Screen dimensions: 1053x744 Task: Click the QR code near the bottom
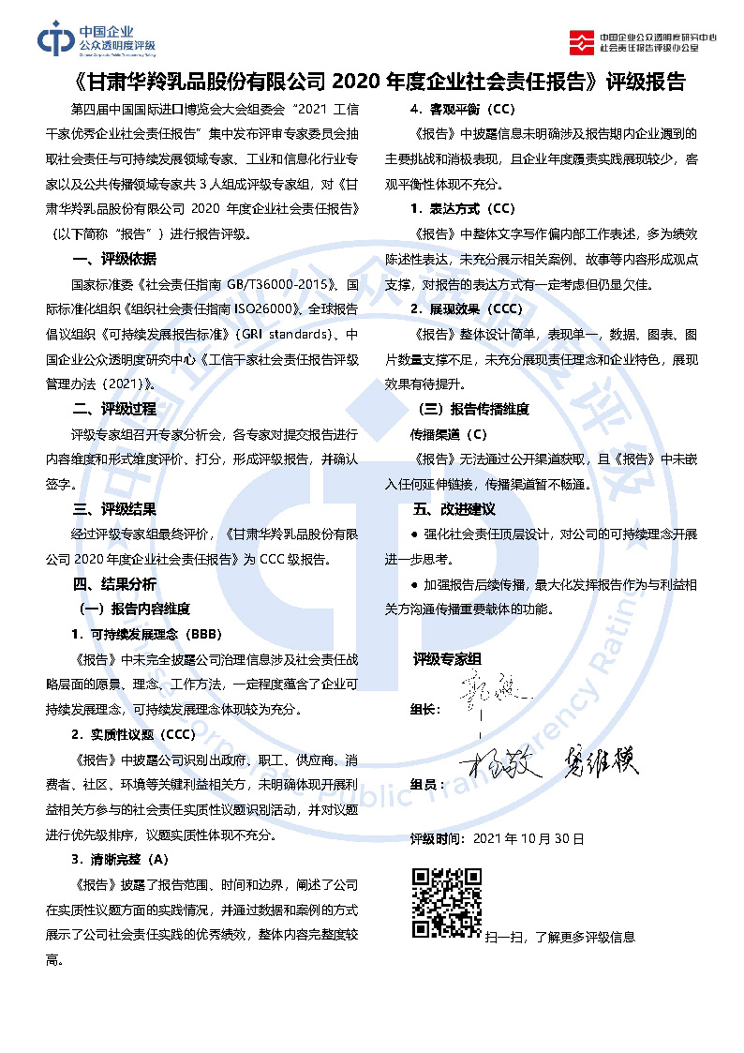tap(447, 903)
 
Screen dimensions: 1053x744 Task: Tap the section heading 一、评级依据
tap(114, 260)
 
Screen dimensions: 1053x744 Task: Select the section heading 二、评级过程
tap(114, 409)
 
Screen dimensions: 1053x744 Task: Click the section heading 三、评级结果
tap(114, 509)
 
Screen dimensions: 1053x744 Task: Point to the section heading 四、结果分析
tap(114, 584)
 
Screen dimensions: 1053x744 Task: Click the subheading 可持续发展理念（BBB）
tap(145, 635)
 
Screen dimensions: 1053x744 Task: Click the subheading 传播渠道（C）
tap(449, 434)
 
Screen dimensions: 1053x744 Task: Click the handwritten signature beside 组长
tap(488, 690)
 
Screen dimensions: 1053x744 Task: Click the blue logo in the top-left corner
tap(55, 39)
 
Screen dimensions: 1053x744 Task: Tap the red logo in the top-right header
tap(582, 41)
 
